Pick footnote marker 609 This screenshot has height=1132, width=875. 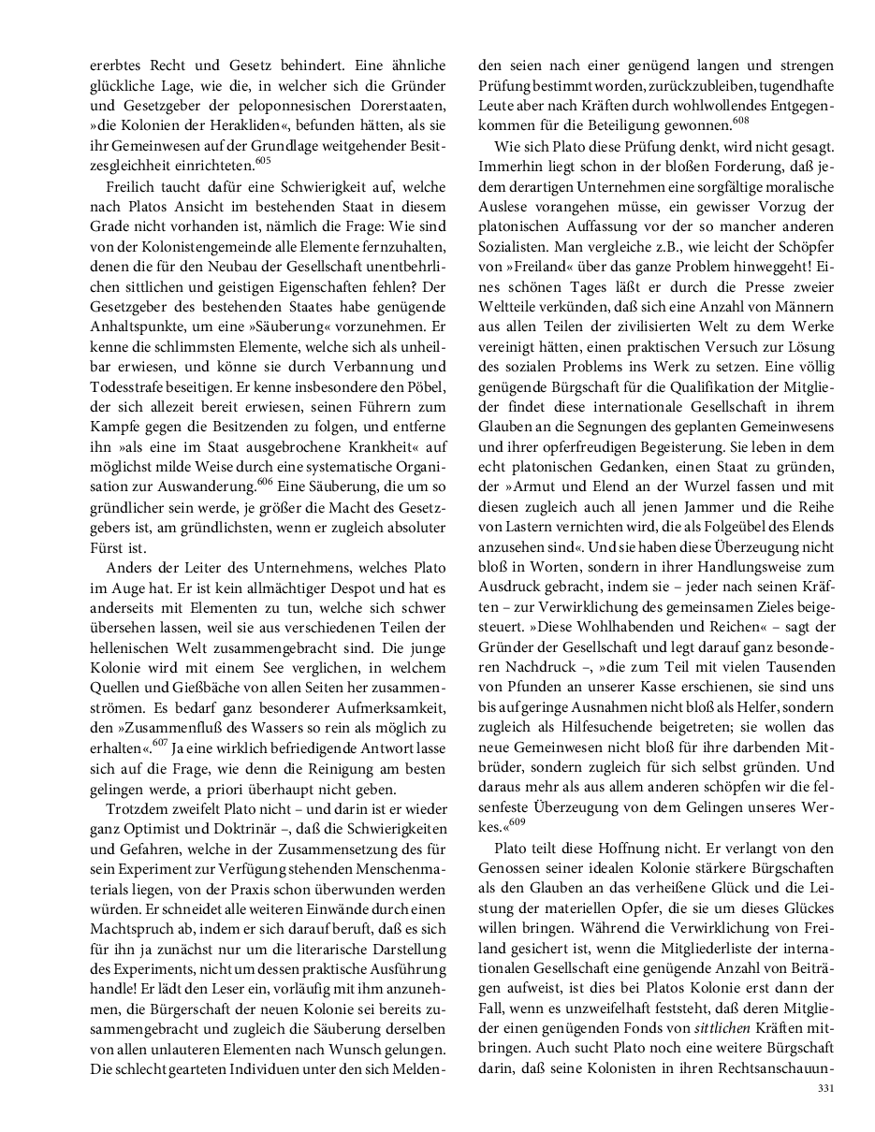[517, 822]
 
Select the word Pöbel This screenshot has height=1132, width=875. [422, 385]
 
